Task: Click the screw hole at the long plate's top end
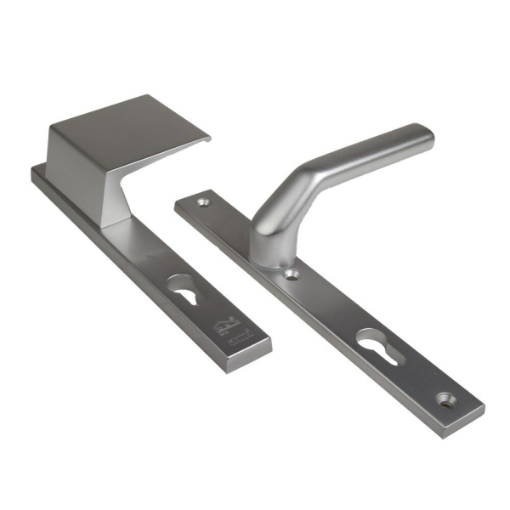pos(203,204)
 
